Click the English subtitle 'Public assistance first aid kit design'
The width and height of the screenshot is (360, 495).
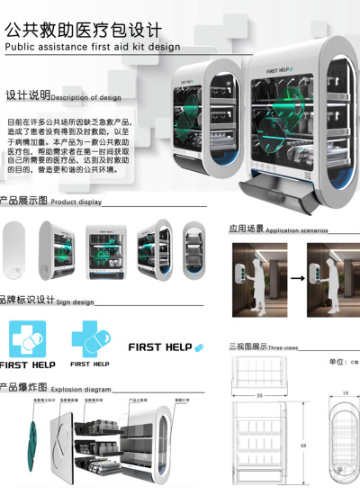pos(92,46)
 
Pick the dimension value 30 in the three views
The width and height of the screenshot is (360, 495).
pos(258,396)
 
